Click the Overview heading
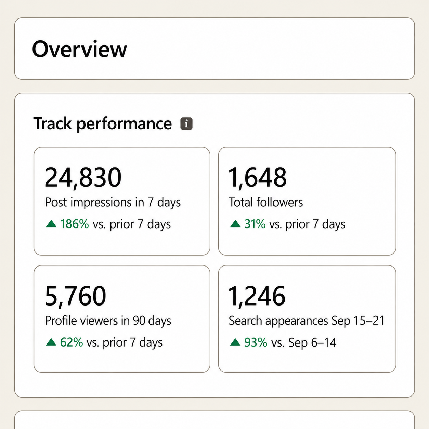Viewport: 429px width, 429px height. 79,49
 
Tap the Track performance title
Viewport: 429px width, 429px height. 102,124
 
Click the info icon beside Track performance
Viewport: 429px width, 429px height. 186,123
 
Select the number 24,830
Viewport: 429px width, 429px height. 83,178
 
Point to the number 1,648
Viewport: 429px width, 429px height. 258,178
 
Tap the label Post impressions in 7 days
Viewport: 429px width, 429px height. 113,203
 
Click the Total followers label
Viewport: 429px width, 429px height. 266,202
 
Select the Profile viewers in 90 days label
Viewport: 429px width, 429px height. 108,321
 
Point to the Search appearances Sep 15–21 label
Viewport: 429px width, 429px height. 307,321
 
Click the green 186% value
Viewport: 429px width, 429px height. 75,224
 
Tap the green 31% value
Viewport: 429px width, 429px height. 255,224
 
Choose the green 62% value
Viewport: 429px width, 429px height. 71,342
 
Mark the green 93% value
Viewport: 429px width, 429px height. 256,342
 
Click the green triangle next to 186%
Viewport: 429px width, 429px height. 51,224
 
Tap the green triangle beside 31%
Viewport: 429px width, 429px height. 235,224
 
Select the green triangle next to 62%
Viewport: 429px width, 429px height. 51,342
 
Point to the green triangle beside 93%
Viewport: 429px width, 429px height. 235,342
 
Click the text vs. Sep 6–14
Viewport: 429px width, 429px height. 304,342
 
